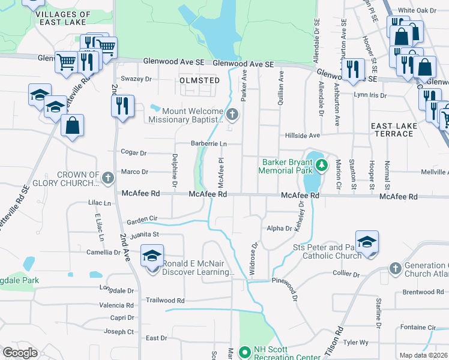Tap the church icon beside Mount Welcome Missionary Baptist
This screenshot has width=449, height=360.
232,113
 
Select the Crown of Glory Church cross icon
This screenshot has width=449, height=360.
107,178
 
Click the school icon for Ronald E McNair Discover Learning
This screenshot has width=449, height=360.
152,256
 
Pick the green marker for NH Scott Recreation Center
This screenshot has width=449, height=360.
244,352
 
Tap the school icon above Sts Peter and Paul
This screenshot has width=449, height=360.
367,242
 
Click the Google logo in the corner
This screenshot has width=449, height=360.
20,352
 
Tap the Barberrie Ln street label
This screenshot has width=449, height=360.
209,144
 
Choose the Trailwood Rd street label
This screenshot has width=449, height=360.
165,300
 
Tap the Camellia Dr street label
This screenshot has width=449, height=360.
103,253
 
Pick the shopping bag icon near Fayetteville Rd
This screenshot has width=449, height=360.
72,126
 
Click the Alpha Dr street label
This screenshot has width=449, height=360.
279,229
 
